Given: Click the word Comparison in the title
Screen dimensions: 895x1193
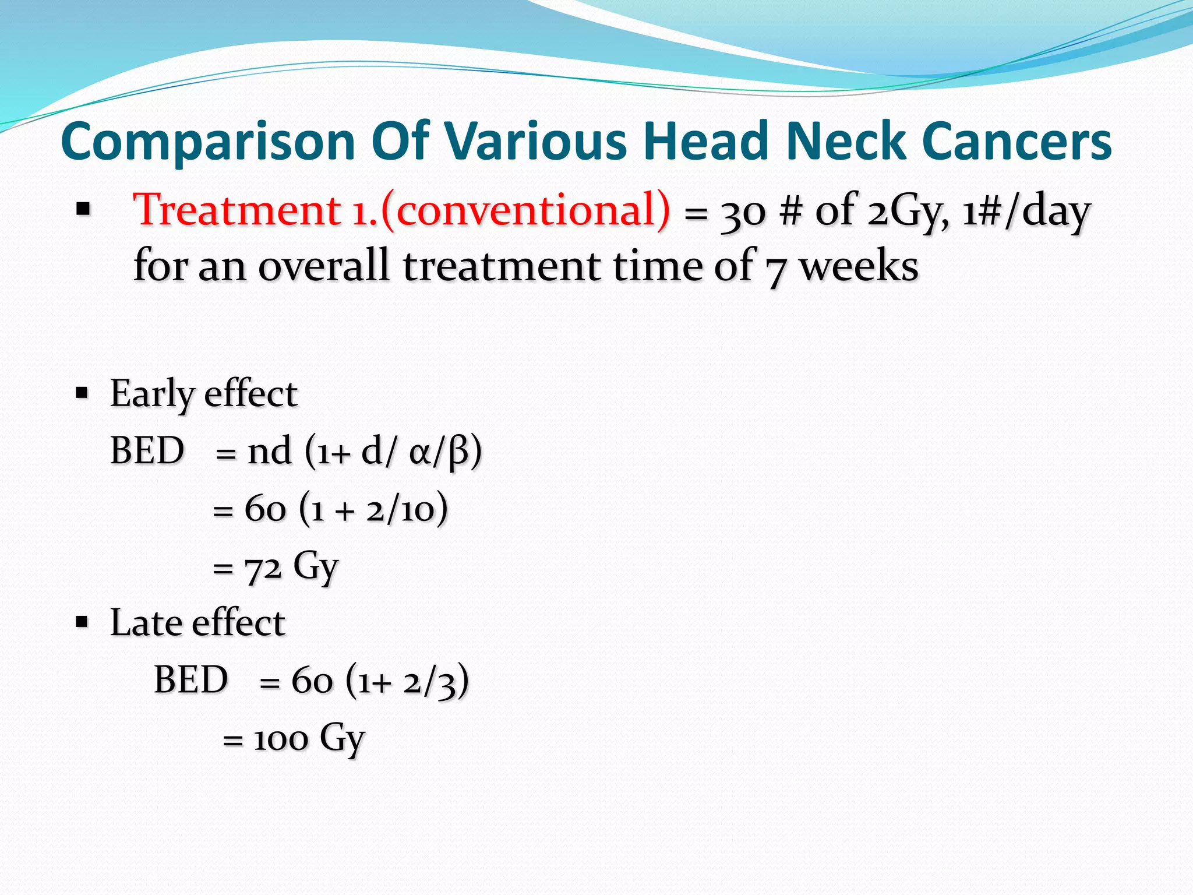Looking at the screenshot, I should (x=208, y=142).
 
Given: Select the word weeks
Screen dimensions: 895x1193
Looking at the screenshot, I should (x=859, y=266).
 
